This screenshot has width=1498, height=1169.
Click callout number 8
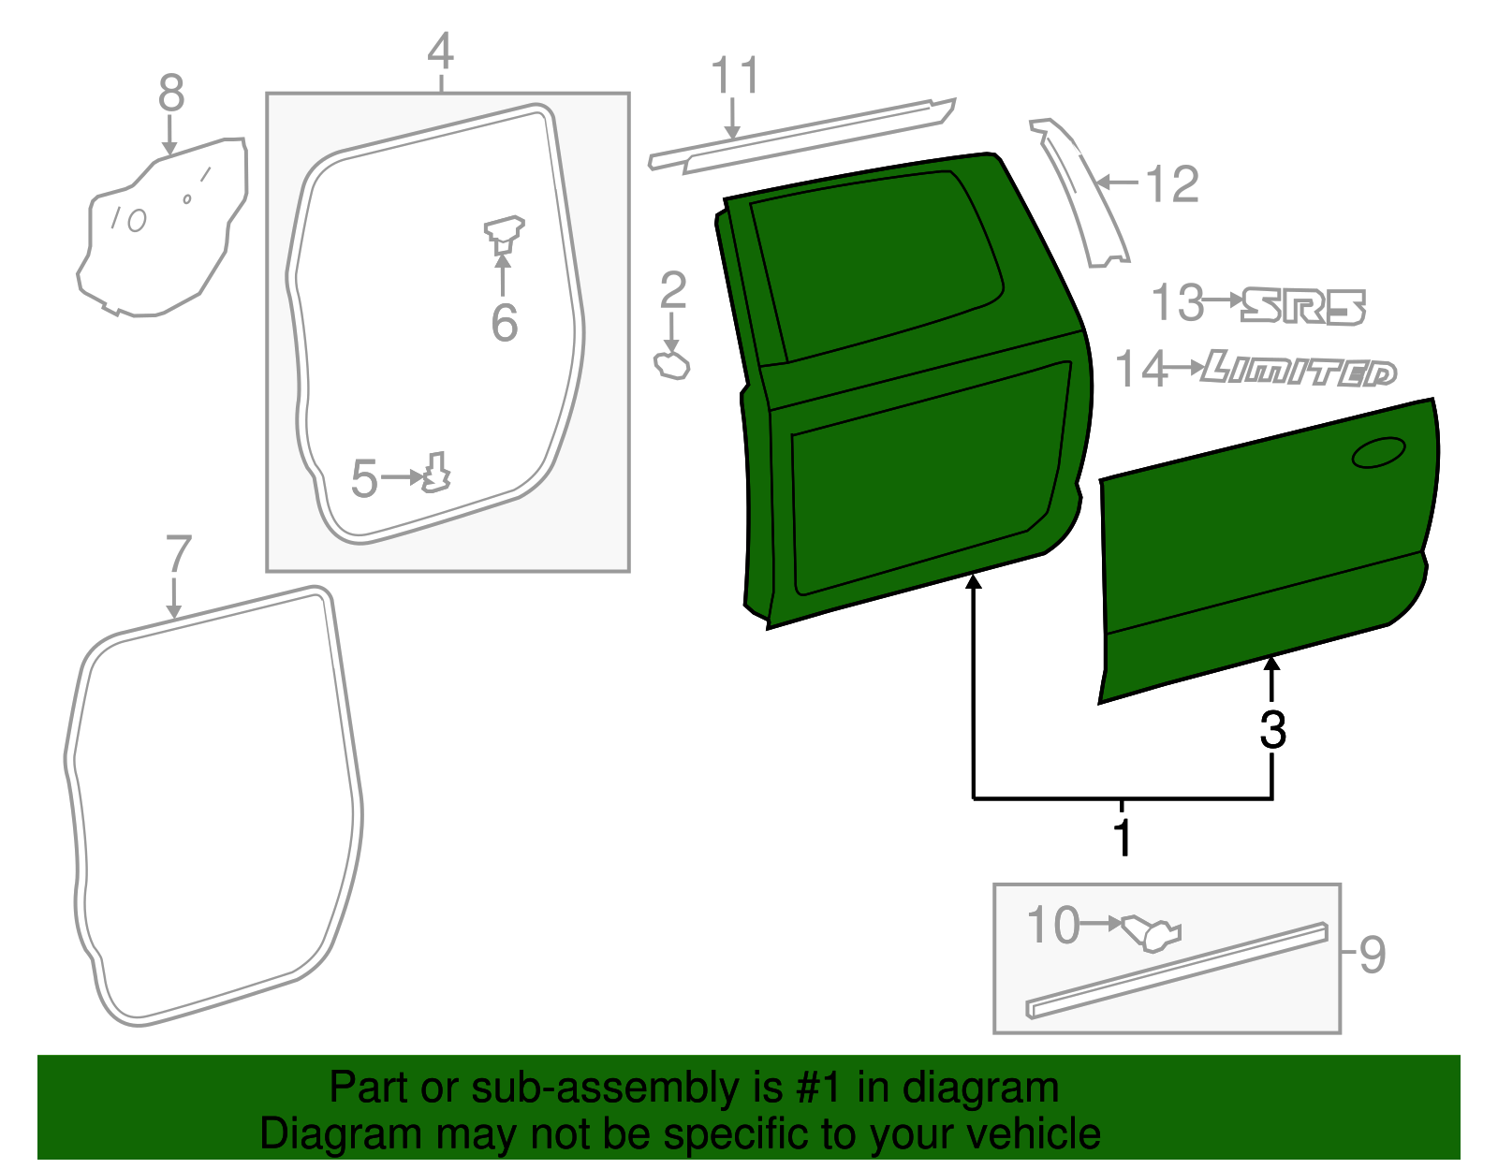point(170,94)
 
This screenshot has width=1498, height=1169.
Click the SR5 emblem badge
point(1303,306)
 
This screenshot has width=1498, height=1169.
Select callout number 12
point(1171,184)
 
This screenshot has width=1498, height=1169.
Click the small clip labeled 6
point(504,234)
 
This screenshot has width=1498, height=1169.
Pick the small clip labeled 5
point(436,473)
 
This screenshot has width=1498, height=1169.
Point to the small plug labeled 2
point(672,366)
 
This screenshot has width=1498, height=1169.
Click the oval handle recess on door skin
point(1378,452)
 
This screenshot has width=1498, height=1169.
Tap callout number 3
point(1271,729)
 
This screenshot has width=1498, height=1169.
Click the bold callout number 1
point(1123,836)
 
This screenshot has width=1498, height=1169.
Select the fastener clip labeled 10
point(1152,932)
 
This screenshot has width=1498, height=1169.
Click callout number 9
point(1372,956)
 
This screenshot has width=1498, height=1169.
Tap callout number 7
point(178,555)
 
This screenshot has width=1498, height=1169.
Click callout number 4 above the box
point(440,51)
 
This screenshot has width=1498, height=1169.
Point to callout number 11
point(734,76)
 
